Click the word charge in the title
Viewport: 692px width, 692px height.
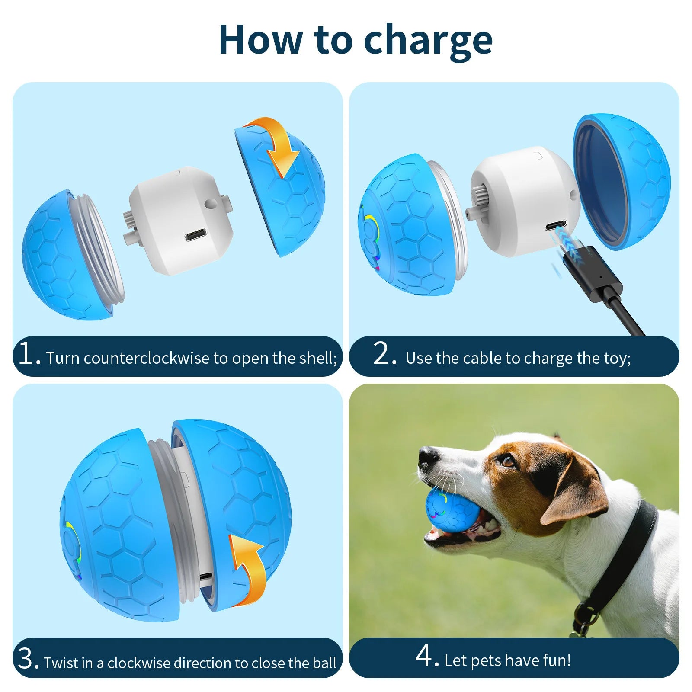click(428, 41)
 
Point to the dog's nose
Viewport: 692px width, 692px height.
click(428, 456)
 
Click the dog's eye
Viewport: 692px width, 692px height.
click(508, 461)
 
